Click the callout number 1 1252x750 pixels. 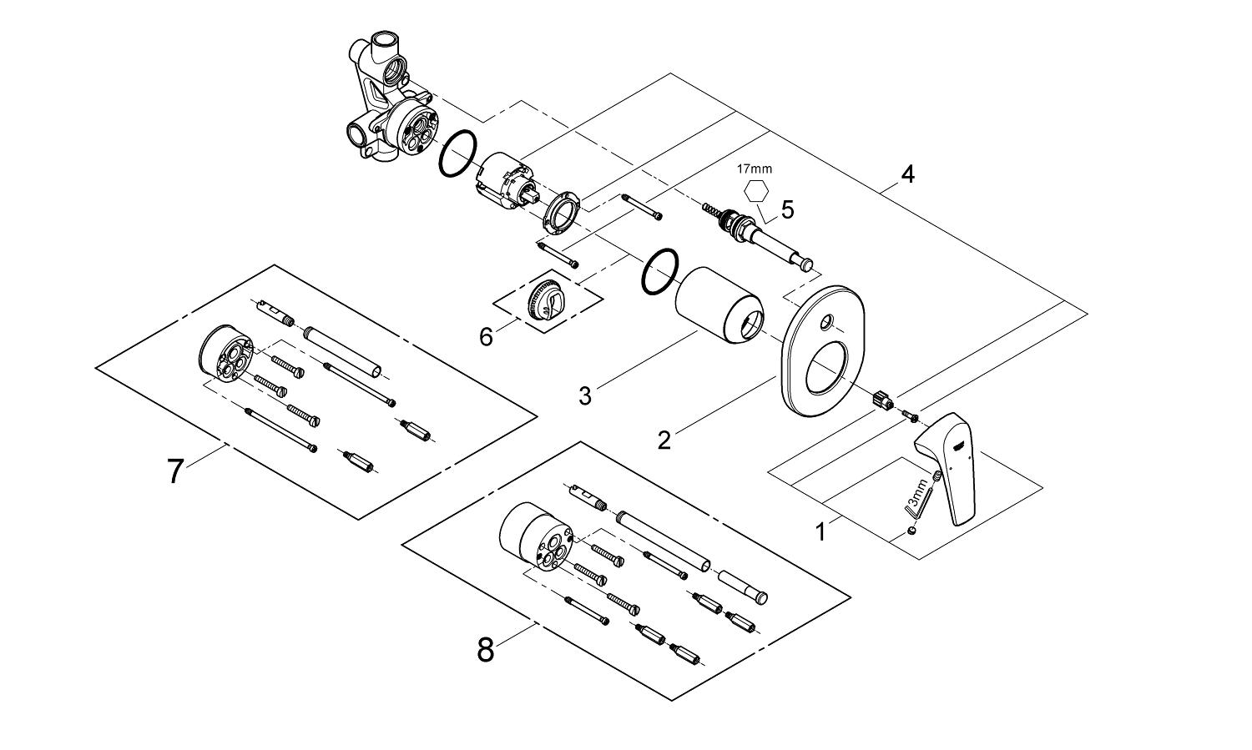(x=821, y=531)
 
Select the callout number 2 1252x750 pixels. (x=664, y=439)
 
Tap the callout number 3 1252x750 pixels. (x=585, y=395)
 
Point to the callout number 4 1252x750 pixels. (x=907, y=174)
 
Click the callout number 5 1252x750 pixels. (x=787, y=209)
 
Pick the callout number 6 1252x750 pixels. (x=487, y=336)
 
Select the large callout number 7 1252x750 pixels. (x=174, y=471)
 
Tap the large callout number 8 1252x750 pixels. (x=486, y=649)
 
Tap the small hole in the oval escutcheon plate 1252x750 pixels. (x=825, y=321)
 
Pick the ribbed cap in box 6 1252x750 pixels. (x=548, y=296)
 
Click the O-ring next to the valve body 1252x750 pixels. (x=458, y=154)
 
